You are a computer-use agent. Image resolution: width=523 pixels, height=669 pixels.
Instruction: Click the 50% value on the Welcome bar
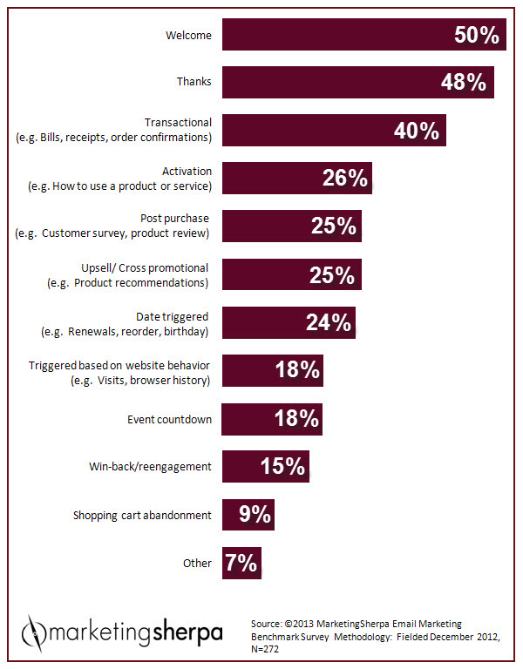tap(476, 36)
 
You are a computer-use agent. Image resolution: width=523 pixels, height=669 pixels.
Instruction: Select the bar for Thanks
tap(357, 83)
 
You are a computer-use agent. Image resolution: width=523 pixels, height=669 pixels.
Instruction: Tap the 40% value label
tap(417, 131)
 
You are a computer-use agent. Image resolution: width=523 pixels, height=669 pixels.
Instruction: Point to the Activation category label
tap(187, 172)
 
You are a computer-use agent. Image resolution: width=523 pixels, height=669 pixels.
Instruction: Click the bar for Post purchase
tap(291, 226)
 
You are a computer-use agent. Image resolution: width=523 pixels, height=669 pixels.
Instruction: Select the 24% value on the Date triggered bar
tap(328, 323)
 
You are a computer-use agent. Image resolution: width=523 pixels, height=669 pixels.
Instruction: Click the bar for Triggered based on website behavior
tap(272, 370)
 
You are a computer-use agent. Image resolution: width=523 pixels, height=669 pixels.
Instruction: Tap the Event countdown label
tap(169, 419)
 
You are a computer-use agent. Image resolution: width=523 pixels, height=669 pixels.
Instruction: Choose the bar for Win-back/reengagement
tap(265, 466)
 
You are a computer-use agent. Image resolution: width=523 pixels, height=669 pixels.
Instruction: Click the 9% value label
tap(255, 514)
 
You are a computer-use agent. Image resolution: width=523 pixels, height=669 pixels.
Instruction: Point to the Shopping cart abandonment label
tap(142, 515)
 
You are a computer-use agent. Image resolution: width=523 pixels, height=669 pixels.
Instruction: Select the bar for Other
tap(241, 563)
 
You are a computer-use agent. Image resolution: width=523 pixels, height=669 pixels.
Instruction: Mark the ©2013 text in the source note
tap(310, 624)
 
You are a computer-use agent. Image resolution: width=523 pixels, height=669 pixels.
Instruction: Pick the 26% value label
tap(344, 179)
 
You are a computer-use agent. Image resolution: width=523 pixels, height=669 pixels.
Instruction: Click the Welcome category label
tap(188, 36)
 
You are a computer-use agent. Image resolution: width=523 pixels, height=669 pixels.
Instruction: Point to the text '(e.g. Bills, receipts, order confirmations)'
tap(114, 137)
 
